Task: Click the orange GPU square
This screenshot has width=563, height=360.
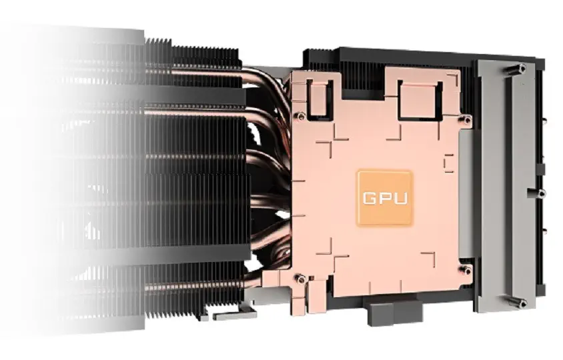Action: coord(384,198)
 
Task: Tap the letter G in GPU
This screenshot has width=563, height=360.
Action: coord(370,199)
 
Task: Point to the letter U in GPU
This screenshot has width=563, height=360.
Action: coord(401,199)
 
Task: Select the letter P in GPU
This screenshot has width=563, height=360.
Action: coord(385,199)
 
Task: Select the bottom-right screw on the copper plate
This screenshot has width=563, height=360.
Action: coord(466,271)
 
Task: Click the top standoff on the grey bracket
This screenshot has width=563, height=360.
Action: coord(522,68)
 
